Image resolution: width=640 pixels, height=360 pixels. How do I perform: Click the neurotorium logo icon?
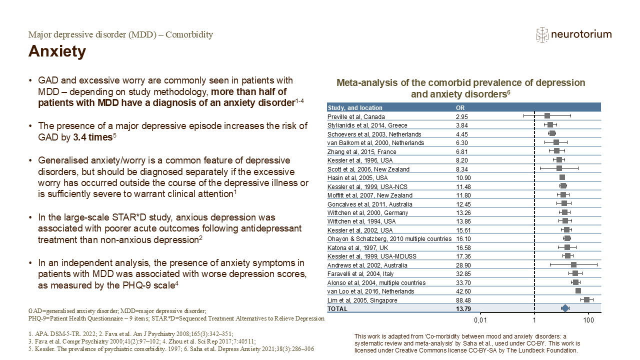(542, 35)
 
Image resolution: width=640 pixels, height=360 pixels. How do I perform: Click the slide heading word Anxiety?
(57, 51)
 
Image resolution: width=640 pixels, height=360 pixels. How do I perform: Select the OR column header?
(460, 107)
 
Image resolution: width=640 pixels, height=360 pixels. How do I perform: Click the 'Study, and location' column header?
(355, 107)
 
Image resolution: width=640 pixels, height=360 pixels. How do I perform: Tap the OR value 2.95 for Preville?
(461, 116)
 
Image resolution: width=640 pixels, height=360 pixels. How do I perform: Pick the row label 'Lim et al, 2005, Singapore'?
(362, 300)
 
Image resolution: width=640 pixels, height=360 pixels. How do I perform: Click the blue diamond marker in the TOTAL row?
(565, 308)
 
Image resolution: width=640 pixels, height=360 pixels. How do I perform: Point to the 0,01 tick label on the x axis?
(480, 320)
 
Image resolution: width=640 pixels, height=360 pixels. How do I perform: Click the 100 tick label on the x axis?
(588, 320)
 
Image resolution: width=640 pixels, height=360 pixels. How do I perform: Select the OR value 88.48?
(463, 300)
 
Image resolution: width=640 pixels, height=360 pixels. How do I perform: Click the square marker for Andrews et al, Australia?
(573, 265)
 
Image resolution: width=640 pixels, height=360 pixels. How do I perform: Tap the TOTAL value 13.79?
(463, 309)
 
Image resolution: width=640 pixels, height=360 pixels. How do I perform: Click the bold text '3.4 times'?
(92, 137)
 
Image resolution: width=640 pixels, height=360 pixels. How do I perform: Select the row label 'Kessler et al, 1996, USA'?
(360, 160)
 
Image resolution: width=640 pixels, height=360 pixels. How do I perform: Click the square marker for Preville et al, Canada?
(547, 115)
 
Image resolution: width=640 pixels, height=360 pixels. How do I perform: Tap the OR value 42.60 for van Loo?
(463, 291)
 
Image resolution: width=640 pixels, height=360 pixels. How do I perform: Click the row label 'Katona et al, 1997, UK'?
(357, 247)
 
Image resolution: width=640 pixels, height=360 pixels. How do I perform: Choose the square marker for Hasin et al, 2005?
(562, 177)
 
